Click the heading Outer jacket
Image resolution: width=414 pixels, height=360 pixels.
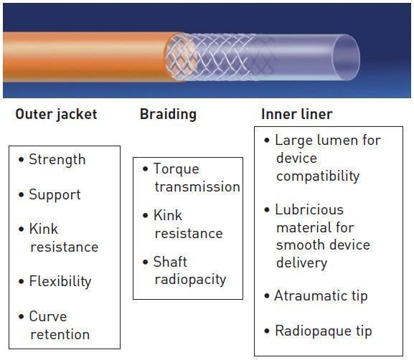[x=56, y=115]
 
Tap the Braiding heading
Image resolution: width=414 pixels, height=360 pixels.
[x=168, y=115]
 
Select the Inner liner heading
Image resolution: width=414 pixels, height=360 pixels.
[x=297, y=114]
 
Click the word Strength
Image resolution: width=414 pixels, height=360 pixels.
[x=57, y=160]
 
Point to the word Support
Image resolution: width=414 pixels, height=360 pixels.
[x=55, y=195]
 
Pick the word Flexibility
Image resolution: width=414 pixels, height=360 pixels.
[x=60, y=282]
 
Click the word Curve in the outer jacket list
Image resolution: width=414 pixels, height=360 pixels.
[x=48, y=316]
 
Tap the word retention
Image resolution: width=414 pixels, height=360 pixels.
[x=60, y=335]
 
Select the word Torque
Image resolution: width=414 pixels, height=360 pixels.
[x=177, y=169]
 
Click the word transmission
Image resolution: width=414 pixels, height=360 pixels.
[x=197, y=187]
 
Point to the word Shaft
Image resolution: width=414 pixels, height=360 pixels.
[x=170, y=262]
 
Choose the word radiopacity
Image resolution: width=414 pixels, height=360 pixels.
[x=191, y=280]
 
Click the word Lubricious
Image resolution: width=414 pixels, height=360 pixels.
[x=309, y=210]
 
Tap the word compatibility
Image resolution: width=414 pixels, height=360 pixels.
[x=318, y=176]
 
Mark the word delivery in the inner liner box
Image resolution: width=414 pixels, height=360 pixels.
[x=302, y=263]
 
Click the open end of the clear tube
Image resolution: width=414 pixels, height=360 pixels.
[x=346, y=57]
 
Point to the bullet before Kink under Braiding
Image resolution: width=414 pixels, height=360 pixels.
[x=145, y=216]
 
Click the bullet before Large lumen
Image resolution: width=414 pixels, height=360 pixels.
[x=267, y=140]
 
